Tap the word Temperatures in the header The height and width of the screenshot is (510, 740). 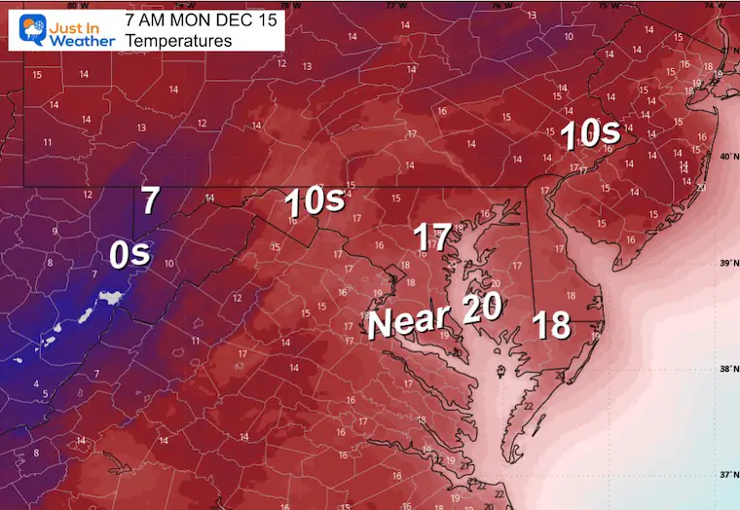pyautogui.click(x=178, y=41)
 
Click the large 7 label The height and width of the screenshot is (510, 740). pyautogui.click(x=149, y=201)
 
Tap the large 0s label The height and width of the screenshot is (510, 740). pyautogui.click(x=129, y=255)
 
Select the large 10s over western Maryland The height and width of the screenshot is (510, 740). pyautogui.click(x=314, y=202)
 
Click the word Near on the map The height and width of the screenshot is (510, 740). pyautogui.click(x=408, y=320)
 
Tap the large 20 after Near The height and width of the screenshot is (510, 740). pyautogui.click(x=482, y=309)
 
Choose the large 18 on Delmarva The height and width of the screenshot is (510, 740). pyautogui.click(x=552, y=324)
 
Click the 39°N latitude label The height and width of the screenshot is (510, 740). pyautogui.click(x=725, y=264)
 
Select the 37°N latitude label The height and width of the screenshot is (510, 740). pyautogui.click(x=725, y=474)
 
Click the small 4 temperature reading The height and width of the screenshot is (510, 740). pyautogui.click(x=36, y=388)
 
